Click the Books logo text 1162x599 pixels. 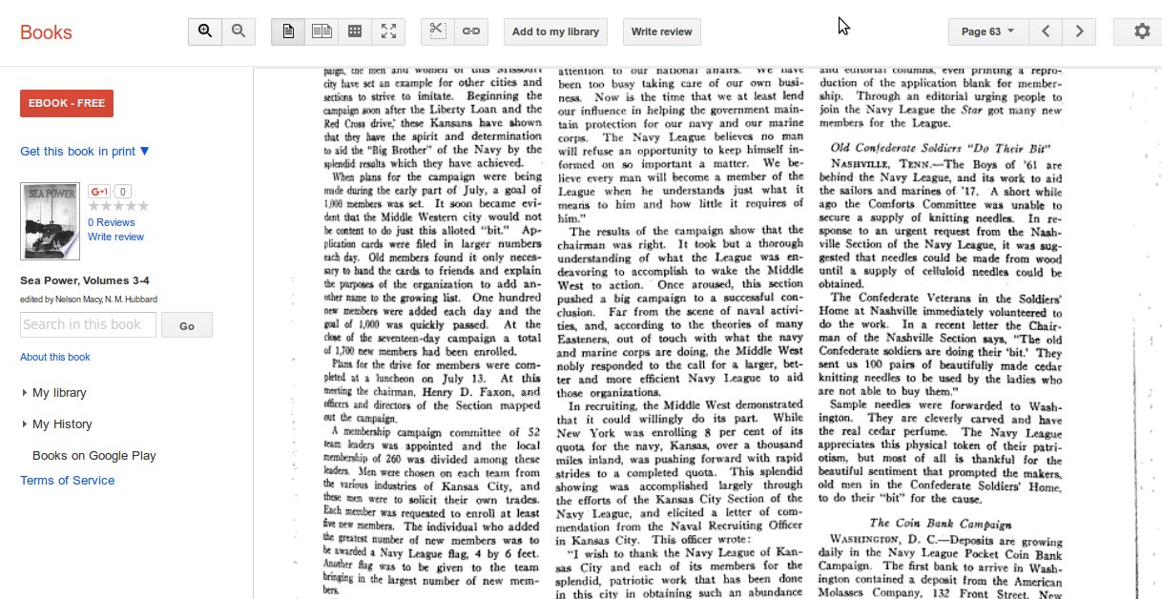(46, 32)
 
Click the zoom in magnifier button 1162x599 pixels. (205, 31)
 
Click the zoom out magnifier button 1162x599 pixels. (239, 31)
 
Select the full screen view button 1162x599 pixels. (388, 31)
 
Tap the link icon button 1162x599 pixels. (471, 31)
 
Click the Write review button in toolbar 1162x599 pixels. (662, 31)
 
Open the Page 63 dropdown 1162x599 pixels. (987, 31)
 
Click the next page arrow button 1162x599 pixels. (1079, 31)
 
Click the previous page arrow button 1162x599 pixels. (1047, 31)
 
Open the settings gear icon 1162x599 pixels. (1142, 31)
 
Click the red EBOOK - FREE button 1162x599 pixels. (67, 103)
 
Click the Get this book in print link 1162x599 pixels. (85, 151)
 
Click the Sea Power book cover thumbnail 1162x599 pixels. (50, 221)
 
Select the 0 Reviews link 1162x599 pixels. (111, 222)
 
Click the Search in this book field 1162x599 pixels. (88, 324)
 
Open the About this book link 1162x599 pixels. (55, 357)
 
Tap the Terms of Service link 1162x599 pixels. (67, 480)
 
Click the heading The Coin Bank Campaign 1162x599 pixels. (941, 523)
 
